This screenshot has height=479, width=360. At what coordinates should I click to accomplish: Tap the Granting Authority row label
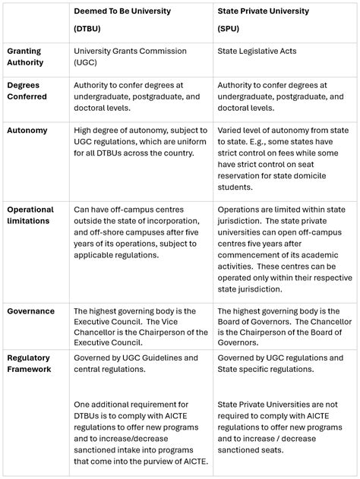[x=26, y=57]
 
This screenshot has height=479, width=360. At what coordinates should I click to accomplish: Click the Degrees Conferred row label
[x=27, y=91]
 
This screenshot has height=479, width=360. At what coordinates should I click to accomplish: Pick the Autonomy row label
[x=27, y=131]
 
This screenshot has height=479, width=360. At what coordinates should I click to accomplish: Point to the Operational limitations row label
[x=30, y=216]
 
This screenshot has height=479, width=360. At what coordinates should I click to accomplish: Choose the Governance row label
[x=31, y=311]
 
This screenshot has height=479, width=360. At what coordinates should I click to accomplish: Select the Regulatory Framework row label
[x=29, y=363]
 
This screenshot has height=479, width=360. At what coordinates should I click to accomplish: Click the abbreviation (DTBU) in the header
[x=91, y=30]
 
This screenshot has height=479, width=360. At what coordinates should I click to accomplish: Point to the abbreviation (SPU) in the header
[x=230, y=30]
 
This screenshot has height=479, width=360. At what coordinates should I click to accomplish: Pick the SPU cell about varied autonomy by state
[x=282, y=159]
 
